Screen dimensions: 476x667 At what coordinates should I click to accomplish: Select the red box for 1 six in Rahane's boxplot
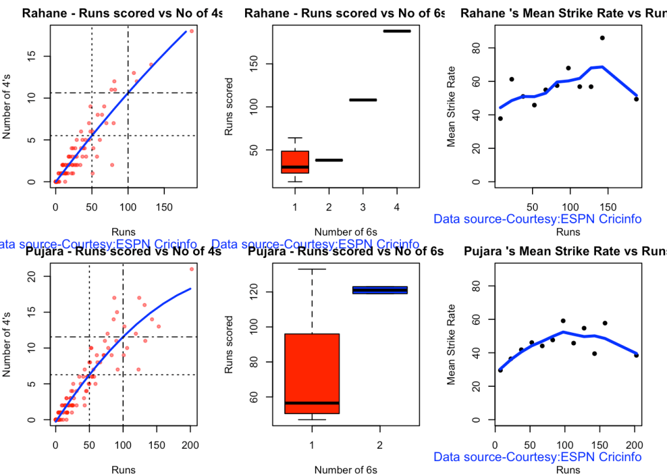tap(295, 161)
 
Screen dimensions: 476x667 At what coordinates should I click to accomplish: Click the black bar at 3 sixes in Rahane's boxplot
tap(362, 100)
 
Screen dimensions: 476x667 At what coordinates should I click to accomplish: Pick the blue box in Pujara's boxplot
tap(379, 290)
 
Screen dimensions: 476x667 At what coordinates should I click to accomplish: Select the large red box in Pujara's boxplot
tap(312, 373)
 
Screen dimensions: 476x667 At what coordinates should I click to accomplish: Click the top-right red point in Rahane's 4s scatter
tap(192, 31)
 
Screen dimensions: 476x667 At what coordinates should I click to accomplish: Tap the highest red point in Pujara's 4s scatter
tap(192, 269)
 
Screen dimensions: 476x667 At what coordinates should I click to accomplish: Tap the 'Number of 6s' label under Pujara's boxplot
tap(346, 469)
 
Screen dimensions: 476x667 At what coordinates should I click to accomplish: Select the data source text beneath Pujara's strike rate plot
tap(538, 457)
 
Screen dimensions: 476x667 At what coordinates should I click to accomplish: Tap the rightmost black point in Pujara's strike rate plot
tap(636, 355)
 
